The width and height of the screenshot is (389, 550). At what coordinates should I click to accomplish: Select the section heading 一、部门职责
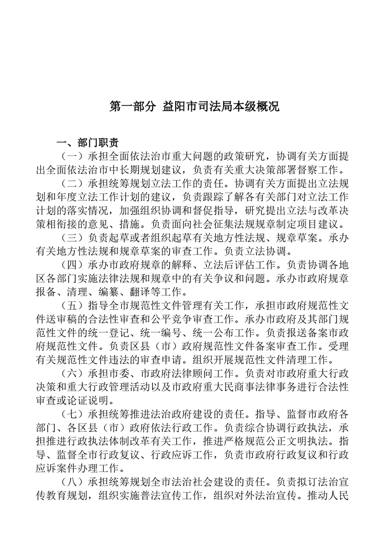coord(87,143)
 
